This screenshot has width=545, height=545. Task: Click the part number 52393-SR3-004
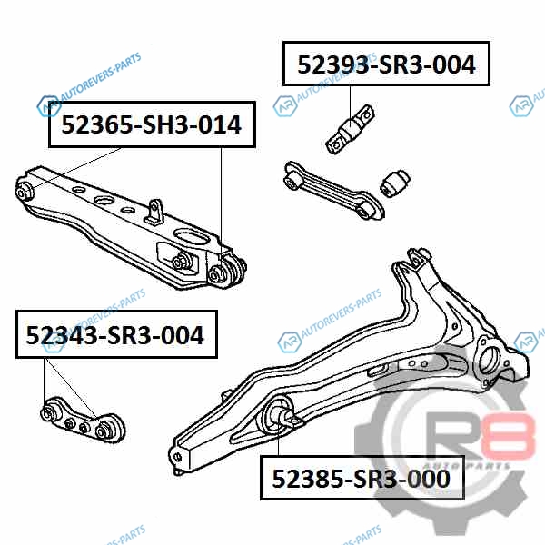click(386, 64)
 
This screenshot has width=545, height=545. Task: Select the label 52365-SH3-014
click(151, 124)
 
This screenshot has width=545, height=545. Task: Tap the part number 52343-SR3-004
click(115, 335)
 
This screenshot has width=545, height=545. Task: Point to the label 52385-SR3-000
click(362, 479)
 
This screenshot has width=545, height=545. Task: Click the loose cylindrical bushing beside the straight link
click(395, 183)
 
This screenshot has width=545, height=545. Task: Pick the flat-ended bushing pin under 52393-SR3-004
click(351, 129)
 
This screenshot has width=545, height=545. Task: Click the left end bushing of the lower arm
click(25, 191)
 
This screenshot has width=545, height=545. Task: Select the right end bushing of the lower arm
click(226, 272)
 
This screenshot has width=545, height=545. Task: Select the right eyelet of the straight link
click(368, 211)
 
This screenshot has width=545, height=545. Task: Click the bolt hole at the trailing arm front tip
click(177, 457)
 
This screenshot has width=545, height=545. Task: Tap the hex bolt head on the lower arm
click(180, 261)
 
